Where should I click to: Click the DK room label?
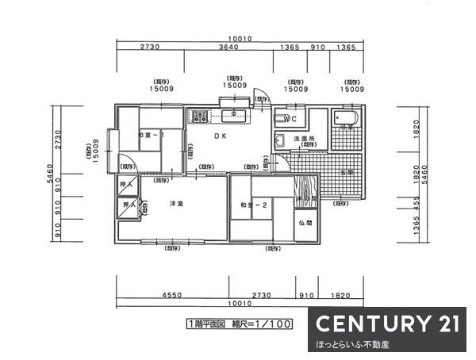tap(218, 136)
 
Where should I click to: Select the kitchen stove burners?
tap(198, 117)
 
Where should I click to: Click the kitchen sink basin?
tap(233, 114)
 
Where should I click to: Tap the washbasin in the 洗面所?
tap(279, 142)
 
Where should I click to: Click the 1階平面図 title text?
tap(208, 325)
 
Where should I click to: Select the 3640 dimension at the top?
tap(227, 48)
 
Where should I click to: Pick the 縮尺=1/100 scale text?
tap(267, 325)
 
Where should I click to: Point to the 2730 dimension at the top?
tap(150, 48)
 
